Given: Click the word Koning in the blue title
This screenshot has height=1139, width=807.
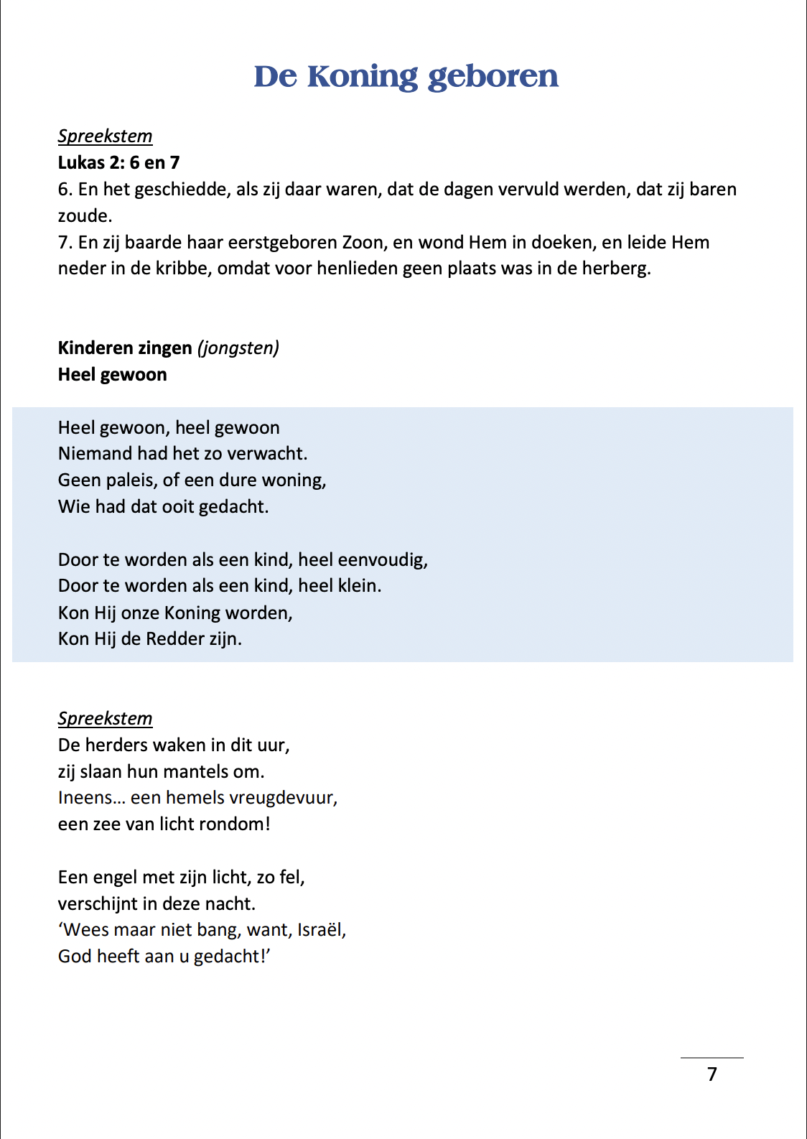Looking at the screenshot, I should [363, 77].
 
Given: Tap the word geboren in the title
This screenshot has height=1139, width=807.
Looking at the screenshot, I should [493, 77].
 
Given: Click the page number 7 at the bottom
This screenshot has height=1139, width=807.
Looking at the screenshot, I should [712, 1074].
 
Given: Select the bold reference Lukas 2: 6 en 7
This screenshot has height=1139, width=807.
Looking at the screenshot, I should [118, 163].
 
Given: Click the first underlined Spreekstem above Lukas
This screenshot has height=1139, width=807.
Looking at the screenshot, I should [105, 136].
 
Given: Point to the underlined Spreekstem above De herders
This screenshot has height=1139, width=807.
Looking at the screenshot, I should [105, 719].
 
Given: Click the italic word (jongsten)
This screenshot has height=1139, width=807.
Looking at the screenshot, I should [238, 348].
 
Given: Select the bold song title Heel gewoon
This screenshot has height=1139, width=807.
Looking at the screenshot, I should [112, 375].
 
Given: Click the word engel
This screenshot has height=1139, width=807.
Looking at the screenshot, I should [113, 878].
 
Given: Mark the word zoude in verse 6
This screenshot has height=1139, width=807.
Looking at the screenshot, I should [84, 216].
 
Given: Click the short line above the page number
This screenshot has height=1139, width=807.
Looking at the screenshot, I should [712, 1058].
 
